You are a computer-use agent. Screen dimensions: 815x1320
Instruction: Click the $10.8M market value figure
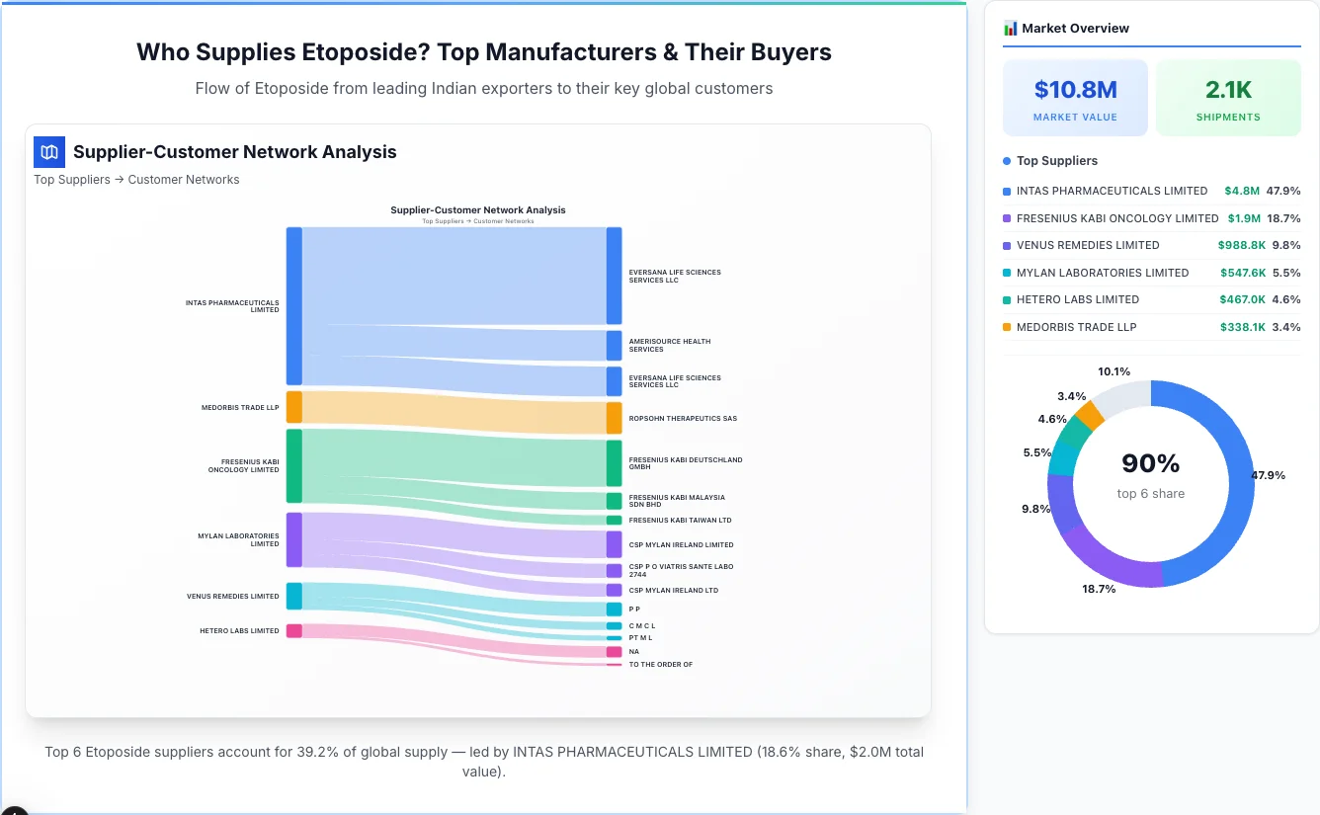pos(1075,90)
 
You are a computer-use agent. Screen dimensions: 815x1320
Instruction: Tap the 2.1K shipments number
pos(1228,90)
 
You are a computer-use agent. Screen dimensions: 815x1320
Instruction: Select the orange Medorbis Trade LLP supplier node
pos(293,407)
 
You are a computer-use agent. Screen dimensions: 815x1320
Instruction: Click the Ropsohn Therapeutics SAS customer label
pos(683,418)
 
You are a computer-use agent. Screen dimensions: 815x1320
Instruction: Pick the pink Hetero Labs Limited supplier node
pos(293,630)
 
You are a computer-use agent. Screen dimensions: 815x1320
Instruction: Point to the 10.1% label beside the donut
pos(1114,371)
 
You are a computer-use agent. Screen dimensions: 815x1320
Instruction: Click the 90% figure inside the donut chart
pos(1150,463)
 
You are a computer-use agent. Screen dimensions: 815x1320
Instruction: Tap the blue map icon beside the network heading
pos(49,152)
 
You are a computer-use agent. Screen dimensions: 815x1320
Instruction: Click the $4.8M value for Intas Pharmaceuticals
pos(1242,191)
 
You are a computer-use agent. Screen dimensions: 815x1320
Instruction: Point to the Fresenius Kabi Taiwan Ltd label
pos(680,520)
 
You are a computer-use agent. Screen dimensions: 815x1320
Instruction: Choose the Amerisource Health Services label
pos(669,345)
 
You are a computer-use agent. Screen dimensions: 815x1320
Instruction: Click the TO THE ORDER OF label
pos(660,664)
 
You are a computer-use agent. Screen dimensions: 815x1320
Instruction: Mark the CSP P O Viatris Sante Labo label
pos(681,570)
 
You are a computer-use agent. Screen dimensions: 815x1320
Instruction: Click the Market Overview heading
pos(1075,28)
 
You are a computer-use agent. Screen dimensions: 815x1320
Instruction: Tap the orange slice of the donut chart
pos(1089,414)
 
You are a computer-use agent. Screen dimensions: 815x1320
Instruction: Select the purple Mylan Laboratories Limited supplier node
pos(293,539)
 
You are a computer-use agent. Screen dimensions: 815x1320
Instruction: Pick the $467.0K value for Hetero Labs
pos(1243,299)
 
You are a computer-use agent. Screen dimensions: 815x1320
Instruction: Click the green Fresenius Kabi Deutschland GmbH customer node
pos(614,463)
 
